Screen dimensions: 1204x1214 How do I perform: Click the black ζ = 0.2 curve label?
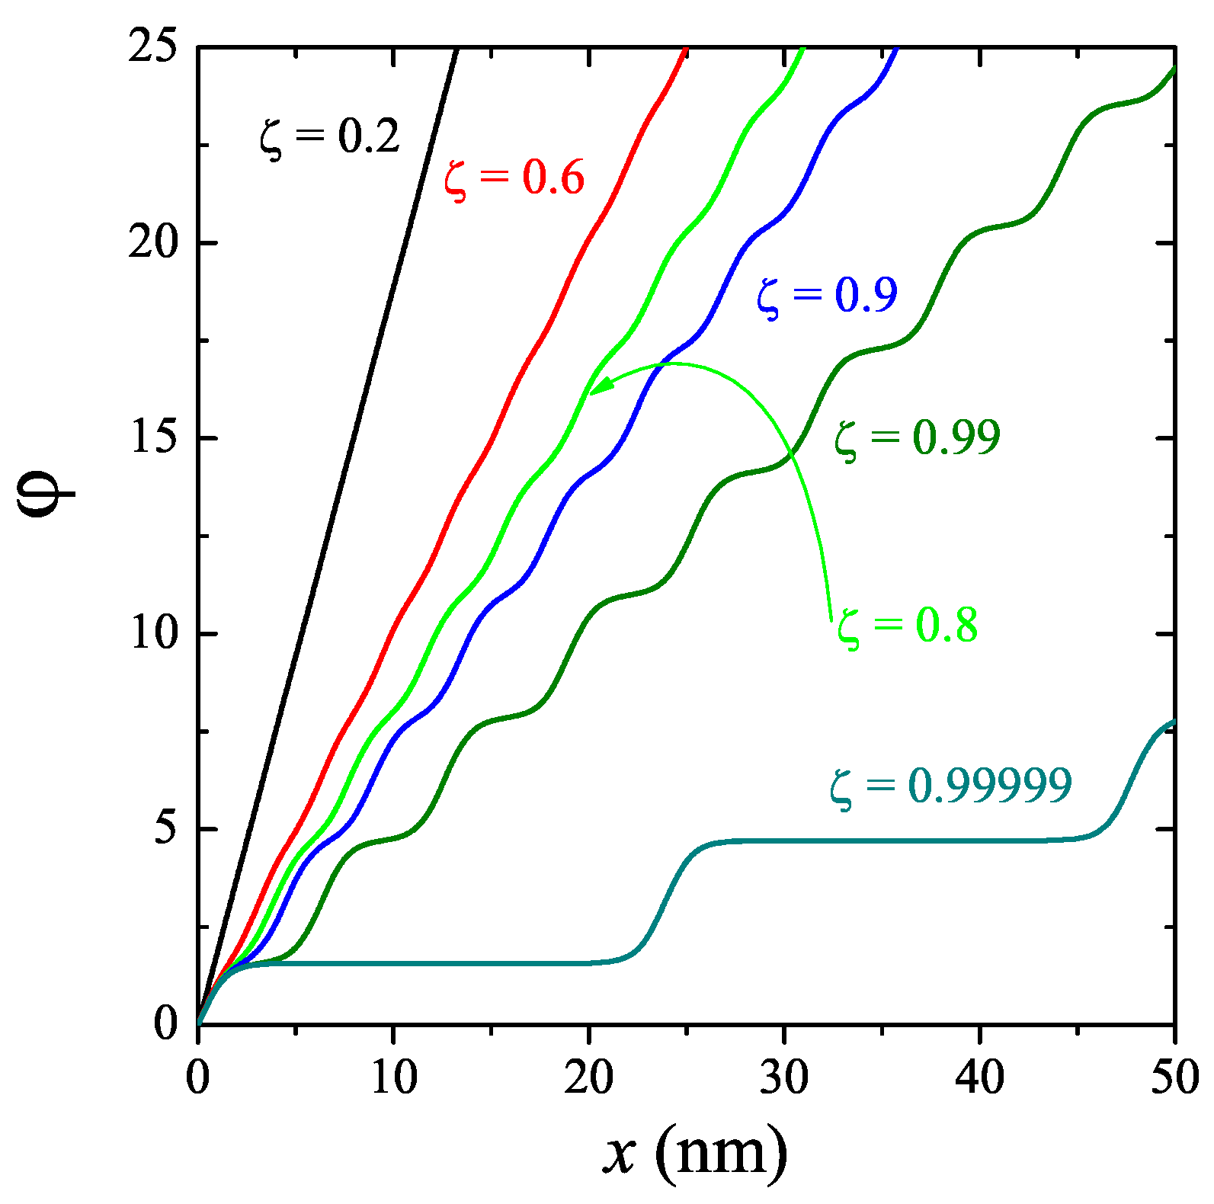tap(329, 137)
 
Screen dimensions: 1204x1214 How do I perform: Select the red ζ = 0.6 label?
tap(514, 178)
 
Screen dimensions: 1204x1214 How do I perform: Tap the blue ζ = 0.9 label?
tap(827, 296)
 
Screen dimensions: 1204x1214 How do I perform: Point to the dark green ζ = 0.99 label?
tap(917, 438)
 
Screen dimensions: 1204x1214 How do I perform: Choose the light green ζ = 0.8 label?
tap(907, 626)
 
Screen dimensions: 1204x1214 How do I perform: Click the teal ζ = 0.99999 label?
tap(950, 786)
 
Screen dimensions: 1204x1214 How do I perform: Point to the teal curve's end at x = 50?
tap(1173, 722)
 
